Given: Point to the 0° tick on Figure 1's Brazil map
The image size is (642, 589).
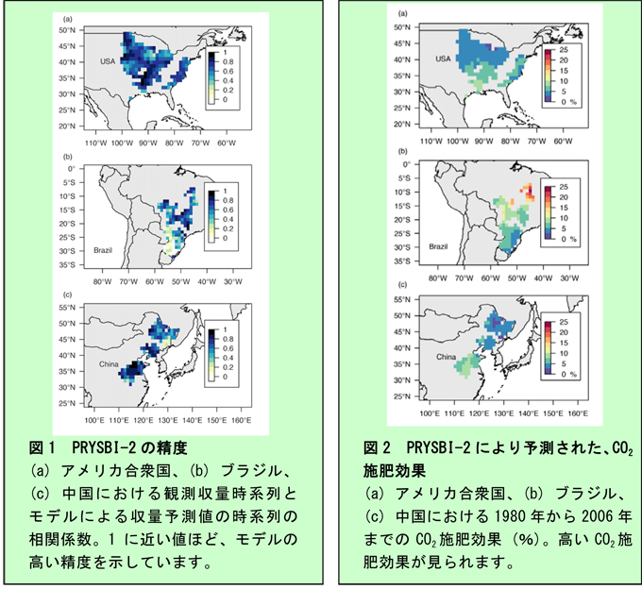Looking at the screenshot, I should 71,168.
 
